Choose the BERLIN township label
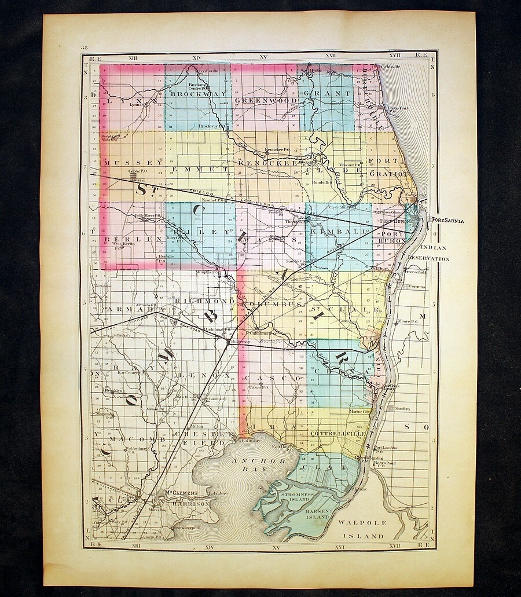tap(123, 239)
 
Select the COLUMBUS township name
tap(271, 303)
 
